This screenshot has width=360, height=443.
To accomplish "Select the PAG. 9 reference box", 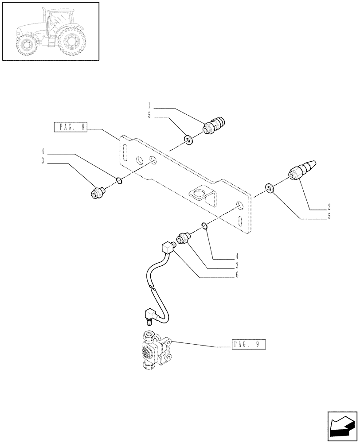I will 248,344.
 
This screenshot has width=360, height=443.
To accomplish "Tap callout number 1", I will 150,106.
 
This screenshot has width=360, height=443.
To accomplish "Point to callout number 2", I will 329,207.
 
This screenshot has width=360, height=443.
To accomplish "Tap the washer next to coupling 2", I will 269,188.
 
